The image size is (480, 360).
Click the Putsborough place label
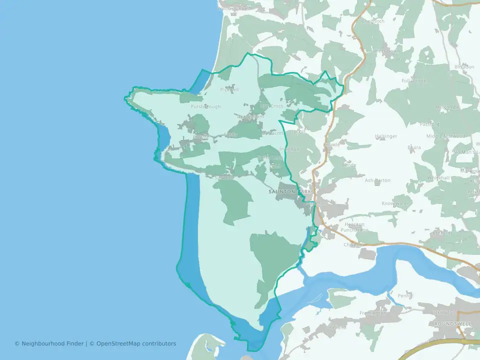click(205, 106)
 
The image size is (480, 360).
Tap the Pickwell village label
click(229, 90)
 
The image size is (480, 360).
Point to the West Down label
click(387, 51)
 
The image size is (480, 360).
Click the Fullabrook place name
click(413, 80)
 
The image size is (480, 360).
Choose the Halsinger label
click(386, 136)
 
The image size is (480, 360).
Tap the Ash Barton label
click(377, 180)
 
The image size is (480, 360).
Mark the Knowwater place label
click(395, 204)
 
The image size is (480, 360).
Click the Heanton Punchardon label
click(354, 227)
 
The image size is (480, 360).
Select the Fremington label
click(373, 313)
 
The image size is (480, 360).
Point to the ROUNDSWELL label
click(453, 324)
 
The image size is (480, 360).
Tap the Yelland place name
click(338, 328)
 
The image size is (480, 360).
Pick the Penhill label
click(405, 296)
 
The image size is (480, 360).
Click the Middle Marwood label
click(445, 136)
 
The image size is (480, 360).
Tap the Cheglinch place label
click(373, 21)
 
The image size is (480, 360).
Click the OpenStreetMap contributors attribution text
click(136, 343)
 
